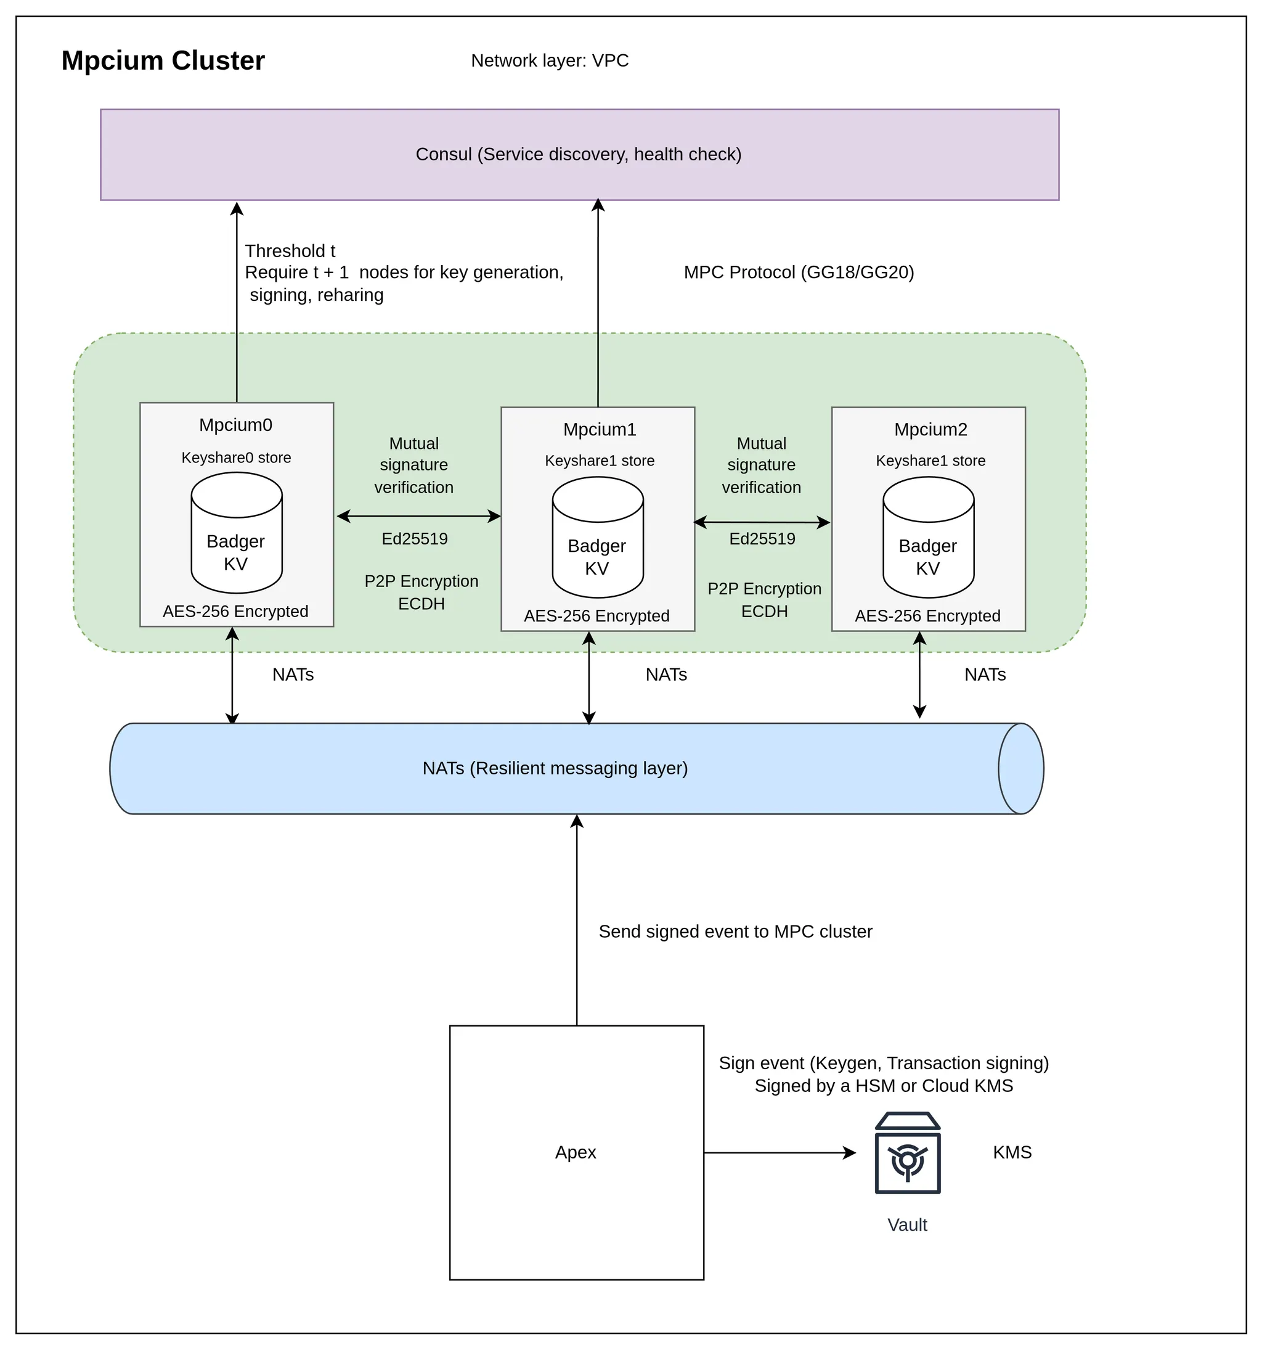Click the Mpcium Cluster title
tap(163, 60)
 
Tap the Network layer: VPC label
tap(549, 60)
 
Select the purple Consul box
tap(579, 154)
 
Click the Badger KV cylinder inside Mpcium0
tap(236, 533)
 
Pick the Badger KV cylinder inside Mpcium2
tap(927, 538)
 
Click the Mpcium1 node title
tap(600, 430)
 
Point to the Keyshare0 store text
tap(236, 458)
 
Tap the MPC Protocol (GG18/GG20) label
tap(798, 272)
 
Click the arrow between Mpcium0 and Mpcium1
tap(418, 517)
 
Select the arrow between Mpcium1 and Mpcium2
tap(762, 522)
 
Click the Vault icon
tap(906, 1152)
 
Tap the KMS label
tap(1012, 1152)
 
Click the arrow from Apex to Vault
tap(780, 1152)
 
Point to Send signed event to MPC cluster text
tap(735, 932)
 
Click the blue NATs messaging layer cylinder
tap(555, 768)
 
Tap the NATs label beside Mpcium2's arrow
tap(985, 674)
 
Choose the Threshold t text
tap(290, 251)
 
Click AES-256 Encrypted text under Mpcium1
tap(596, 616)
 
